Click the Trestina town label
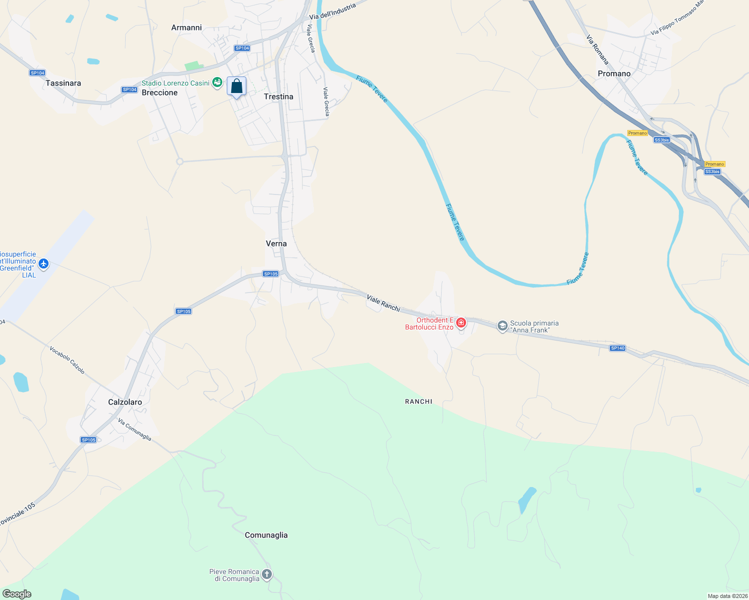(278, 96)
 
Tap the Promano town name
(614, 73)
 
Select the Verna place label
(276, 243)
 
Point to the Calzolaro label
(125, 402)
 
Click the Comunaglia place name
(266, 535)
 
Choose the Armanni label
(186, 27)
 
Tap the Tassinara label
(63, 83)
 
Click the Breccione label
(160, 92)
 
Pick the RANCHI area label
(419, 401)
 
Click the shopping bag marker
(236, 86)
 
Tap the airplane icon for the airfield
(44, 263)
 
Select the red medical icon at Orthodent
(461, 323)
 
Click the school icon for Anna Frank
(502, 326)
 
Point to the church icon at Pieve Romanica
(267, 574)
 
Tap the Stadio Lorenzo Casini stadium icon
(217, 82)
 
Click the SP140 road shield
(618, 348)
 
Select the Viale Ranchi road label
(384, 303)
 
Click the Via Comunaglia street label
(135, 429)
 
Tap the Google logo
(17, 594)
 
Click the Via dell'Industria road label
(332, 11)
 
